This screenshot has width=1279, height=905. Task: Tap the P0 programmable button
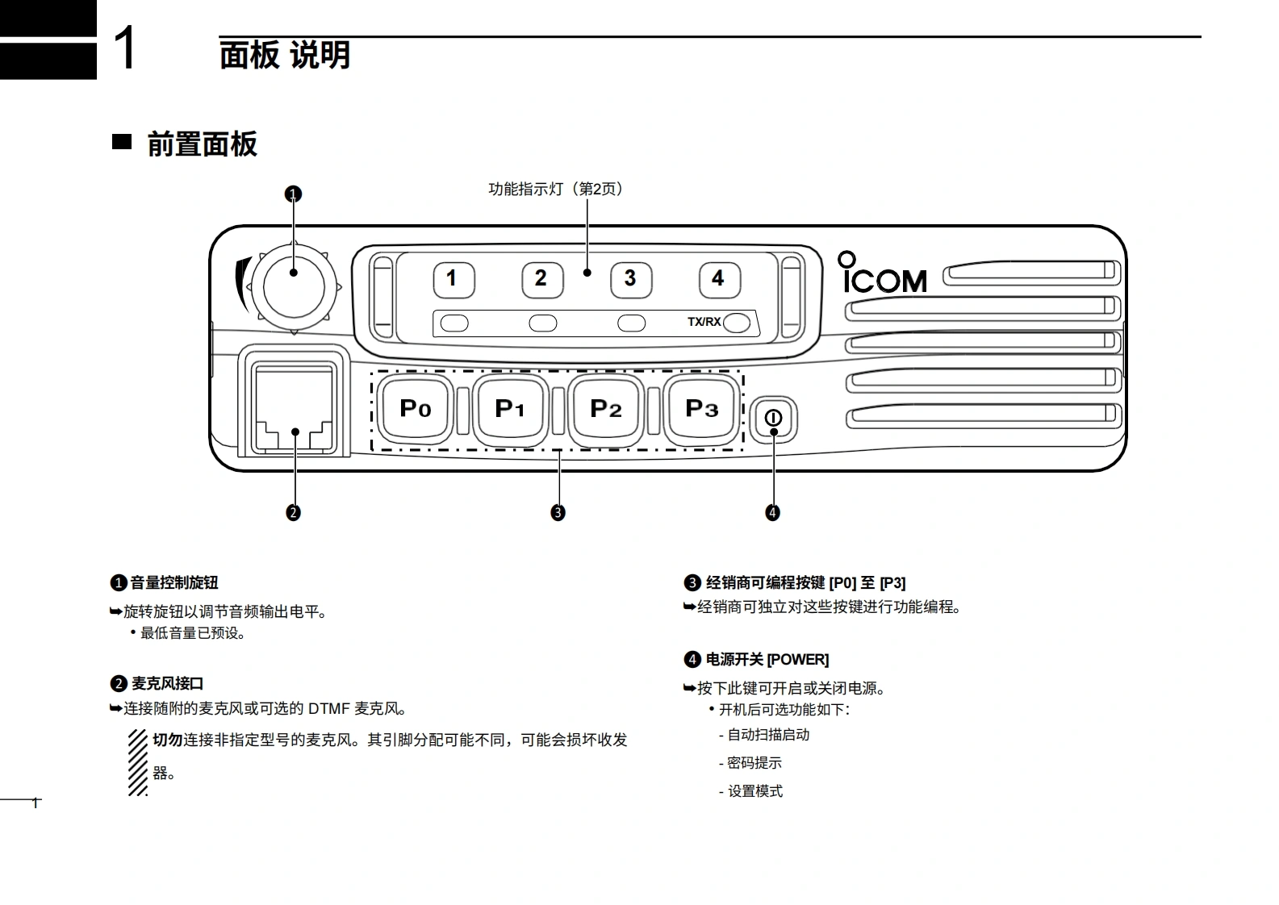tap(416, 409)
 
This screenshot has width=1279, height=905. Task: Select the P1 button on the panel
tap(510, 409)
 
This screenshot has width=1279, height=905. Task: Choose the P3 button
tap(701, 409)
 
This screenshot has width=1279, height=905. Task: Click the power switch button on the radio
tap(773, 419)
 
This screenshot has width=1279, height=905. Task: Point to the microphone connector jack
tap(294, 401)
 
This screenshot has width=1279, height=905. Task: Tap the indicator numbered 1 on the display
tap(453, 279)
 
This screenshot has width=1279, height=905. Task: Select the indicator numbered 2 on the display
tap(541, 279)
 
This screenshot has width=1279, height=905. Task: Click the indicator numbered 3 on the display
tap(630, 279)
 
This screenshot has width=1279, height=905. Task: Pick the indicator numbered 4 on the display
tap(719, 279)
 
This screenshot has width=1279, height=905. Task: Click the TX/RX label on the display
tap(704, 322)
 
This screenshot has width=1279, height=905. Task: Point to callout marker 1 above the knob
tap(294, 194)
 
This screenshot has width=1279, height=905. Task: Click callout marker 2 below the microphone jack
tap(294, 512)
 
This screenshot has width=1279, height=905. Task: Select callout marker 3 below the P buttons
tap(558, 512)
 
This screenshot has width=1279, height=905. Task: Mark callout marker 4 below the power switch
tap(773, 512)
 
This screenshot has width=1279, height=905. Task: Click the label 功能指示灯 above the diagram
tap(525, 189)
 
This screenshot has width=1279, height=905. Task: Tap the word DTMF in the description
tap(329, 709)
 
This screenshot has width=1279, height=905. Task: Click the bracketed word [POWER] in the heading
tap(797, 660)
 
